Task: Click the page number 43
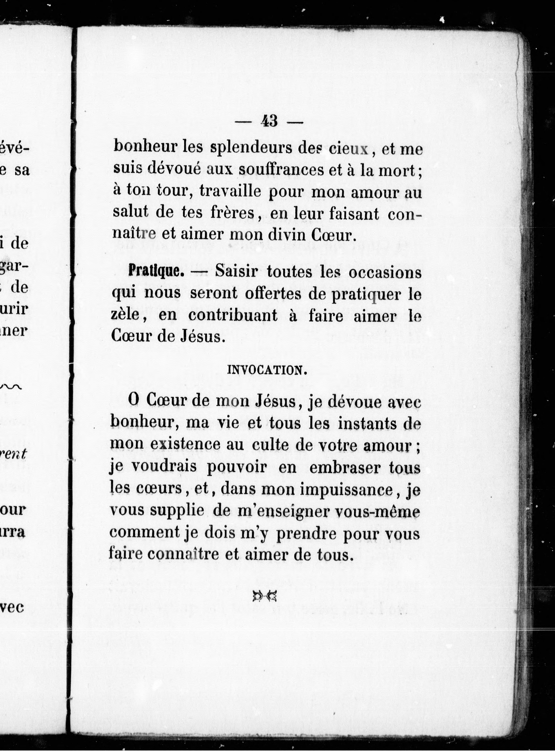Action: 270,121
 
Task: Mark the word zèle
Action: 127,316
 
